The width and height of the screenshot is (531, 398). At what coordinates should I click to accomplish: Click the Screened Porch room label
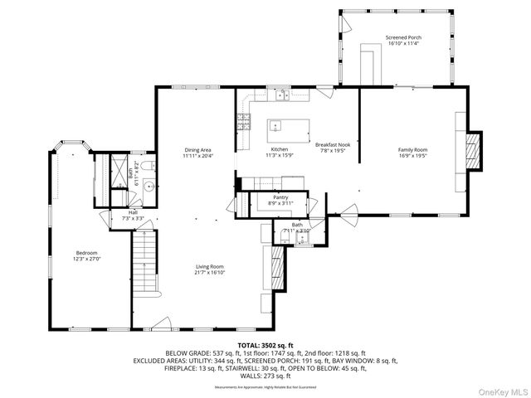point(403,37)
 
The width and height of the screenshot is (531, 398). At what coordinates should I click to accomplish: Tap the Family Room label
point(412,149)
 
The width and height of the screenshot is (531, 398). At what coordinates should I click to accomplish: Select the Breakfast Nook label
point(333,144)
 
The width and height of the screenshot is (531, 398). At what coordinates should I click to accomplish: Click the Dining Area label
point(198,149)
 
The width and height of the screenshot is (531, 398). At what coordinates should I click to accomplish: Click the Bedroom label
point(87,253)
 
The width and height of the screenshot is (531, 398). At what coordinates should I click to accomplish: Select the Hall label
point(133,212)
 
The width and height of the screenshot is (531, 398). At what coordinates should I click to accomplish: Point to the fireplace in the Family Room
point(471,149)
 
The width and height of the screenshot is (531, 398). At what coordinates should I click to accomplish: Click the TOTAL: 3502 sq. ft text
point(265,344)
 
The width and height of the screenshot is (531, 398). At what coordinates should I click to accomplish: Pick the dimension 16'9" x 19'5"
point(412,154)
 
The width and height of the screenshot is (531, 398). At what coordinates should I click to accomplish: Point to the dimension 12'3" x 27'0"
point(87,259)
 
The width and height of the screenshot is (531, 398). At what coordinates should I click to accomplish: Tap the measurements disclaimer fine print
point(265,387)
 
